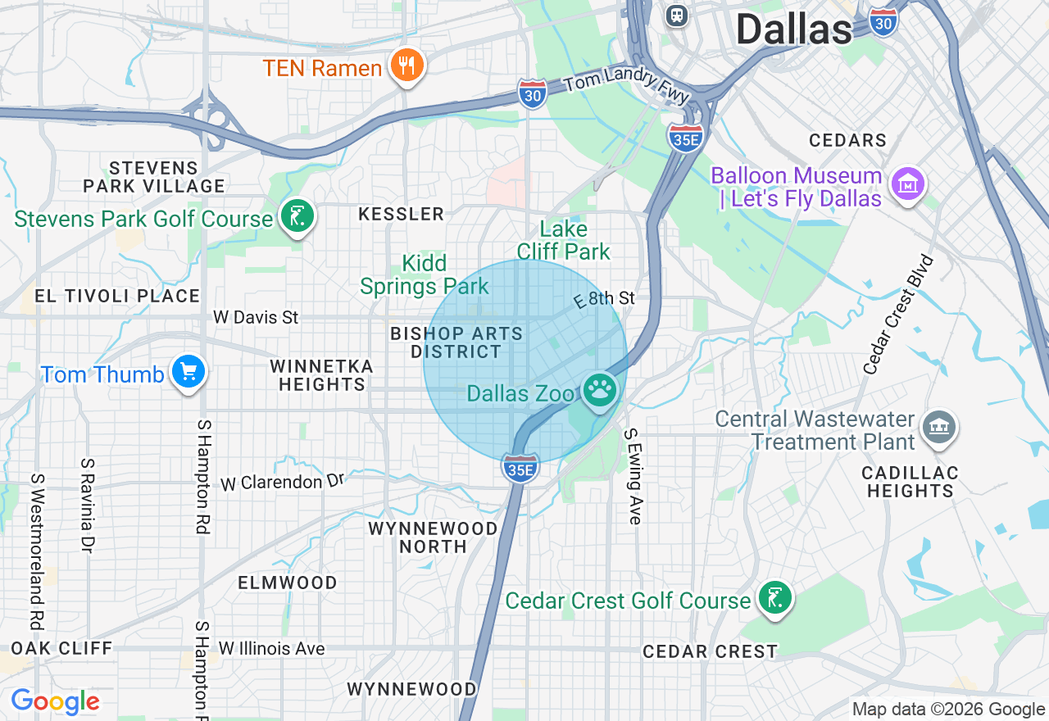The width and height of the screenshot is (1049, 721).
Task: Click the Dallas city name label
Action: click(x=793, y=29)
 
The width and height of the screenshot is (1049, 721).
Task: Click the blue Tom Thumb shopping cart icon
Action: click(x=188, y=373)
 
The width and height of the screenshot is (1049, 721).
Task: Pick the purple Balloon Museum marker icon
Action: click(x=908, y=185)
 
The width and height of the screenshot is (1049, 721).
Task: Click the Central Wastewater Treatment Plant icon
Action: click(x=938, y=427)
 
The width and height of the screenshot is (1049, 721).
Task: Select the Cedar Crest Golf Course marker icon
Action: click(x=774, y=598)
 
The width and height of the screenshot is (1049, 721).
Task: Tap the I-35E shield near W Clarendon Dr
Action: click(x=520, y=467)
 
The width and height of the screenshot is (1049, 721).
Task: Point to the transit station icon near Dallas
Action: click(x=677, y=15)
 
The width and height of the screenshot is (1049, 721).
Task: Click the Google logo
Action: click(x=55, y=701)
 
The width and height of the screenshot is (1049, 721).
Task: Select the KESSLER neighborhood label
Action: click(x=402, y=215)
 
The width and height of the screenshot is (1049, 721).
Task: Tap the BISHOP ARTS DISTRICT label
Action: click(x=456, y=342)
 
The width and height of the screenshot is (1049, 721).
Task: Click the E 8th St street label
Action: click(x=605, y=298)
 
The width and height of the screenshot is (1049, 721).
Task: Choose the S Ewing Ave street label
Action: click(x=633, y=476)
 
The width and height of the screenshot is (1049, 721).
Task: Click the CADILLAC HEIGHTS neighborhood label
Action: click(x=910, y=482)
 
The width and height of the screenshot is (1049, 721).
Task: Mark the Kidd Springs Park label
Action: click(x=425, y=274)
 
